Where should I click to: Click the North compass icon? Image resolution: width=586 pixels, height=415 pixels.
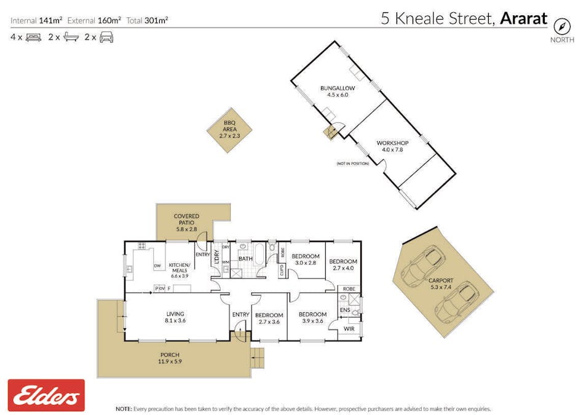pyautogui.click(x=561, y=26)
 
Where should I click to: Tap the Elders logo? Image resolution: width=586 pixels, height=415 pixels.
pyautogui.click(x=46, y=395)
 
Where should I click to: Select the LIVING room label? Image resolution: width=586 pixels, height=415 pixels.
pyautogui.click(x=175, y=316)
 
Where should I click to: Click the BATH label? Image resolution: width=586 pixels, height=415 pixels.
pyautogui.click(x=245, y=259)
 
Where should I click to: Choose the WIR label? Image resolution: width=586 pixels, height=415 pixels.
pyautogui.click(x=349, y=329)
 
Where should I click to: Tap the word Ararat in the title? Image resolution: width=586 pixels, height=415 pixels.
pyautogui.click(x=523, y=18)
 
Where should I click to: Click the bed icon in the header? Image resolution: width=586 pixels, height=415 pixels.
pyautogui.click(x=33, y=37)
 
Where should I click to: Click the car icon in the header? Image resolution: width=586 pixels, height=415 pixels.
pyautogui.click(x=106, y=37)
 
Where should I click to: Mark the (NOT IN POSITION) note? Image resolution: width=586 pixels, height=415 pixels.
pyautogui.click(x=352, y=164)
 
